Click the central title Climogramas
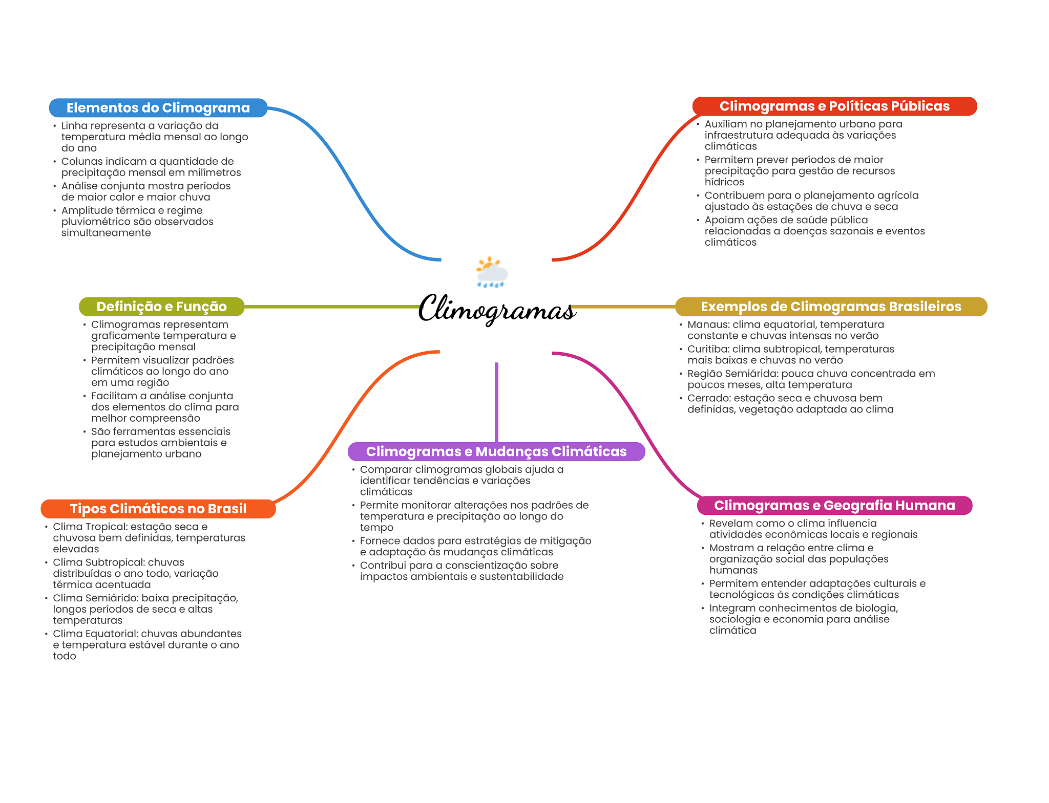(x=497, y=309)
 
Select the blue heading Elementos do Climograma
(x=158, y=108)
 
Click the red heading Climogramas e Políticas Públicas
(x=834, y=106)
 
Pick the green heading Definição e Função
(x=161, y=307)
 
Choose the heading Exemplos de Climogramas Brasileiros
(x=831, y=307)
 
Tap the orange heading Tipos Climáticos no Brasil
(x=158, y=509)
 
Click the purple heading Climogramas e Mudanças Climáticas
(x=496, y=451)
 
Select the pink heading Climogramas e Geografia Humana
(x=834, y=506)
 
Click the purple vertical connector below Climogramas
(x=496, y=402)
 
